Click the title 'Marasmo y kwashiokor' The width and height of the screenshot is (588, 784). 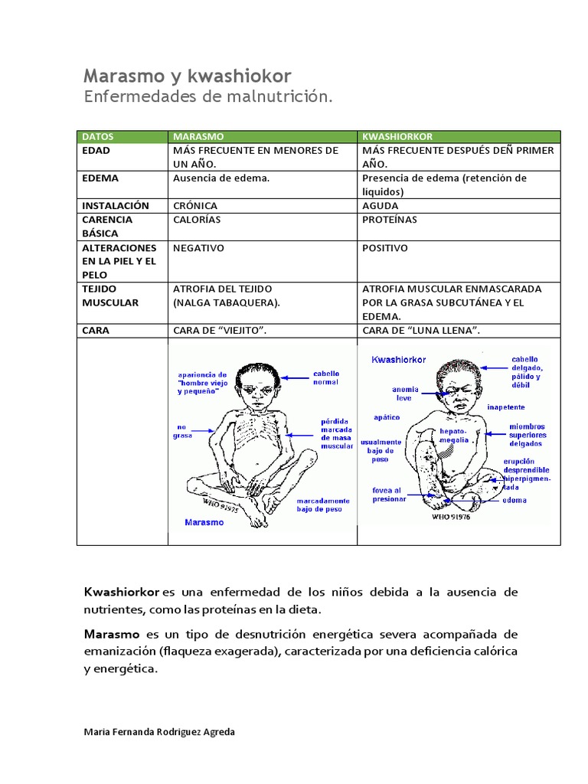tap(187, 75)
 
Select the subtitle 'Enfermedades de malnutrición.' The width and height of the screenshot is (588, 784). tap(208, 97)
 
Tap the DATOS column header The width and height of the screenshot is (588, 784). tap(97, 136)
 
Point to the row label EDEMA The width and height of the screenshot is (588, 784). tap(100, 178)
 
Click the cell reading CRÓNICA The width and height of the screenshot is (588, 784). tap(195, 206)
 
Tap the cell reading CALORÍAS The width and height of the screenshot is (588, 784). tap(197, 220)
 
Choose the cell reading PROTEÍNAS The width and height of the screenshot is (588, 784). tap(390, 220)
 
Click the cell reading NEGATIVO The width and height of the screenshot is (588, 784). tap(198, 248)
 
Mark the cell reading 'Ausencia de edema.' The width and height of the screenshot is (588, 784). tap(221, 178)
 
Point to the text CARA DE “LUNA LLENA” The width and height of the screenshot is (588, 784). tap(426, 331)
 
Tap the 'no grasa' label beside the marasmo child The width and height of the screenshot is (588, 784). tap(185, 431)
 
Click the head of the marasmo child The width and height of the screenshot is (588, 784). tap(256, 383)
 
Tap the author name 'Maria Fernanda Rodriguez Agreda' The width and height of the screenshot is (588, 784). tap(158, 731)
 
